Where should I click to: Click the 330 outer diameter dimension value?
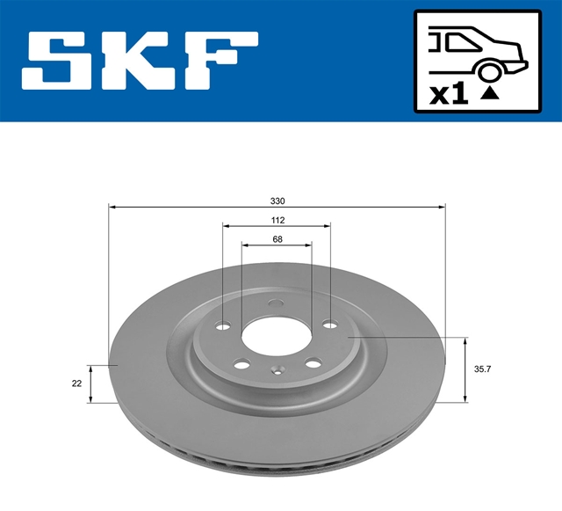click(277, 201)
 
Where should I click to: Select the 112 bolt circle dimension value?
click(277, 220)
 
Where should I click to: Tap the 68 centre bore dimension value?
click(277, 239)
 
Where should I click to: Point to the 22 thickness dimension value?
click(76, 383)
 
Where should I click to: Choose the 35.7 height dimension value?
click(482, 369)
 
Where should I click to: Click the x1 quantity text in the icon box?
click(449, 94)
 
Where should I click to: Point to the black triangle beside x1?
click(490, 93)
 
